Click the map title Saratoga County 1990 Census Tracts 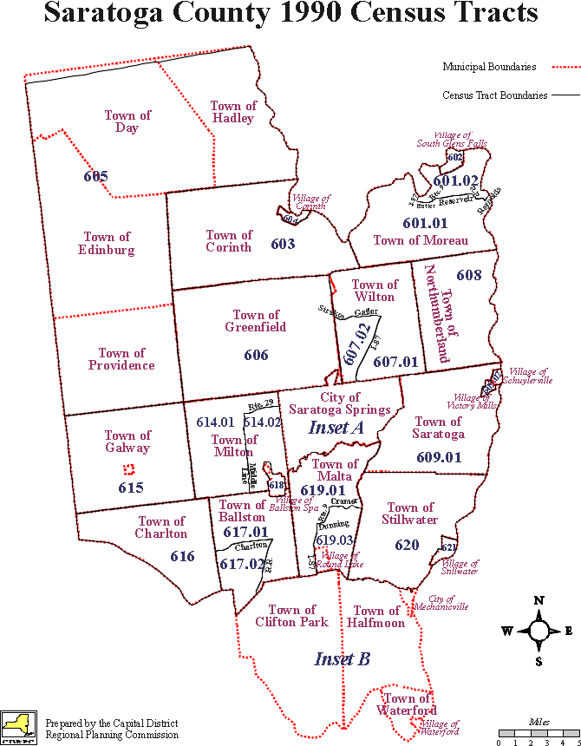point(290,14)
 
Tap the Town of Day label point(127,121)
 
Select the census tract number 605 point(95,177)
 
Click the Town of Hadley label point(233,112)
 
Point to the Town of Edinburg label point(108,243)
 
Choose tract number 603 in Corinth point(283,244)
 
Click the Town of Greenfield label point(256,321)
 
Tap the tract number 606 point(256,355)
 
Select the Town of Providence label point(121,359)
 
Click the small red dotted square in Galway point(128,469)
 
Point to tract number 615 point(130,488)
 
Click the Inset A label point(336,428)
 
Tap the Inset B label point(342,659)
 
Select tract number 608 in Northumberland point(468,276)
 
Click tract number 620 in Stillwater point(407,546)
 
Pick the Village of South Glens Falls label point(452,140)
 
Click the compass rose point(539,631)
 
